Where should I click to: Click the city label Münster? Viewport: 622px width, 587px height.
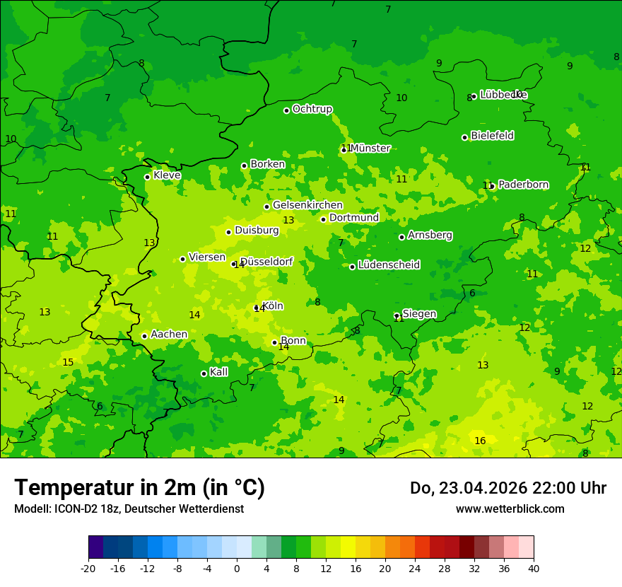370,149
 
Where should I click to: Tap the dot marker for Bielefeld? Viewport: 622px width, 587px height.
464,137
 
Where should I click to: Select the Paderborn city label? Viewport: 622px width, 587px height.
523,185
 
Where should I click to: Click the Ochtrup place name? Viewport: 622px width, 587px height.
312,109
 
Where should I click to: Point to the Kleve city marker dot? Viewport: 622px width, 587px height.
147,177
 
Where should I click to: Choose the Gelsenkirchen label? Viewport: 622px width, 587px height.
307,205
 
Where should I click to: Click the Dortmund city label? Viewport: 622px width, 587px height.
354,218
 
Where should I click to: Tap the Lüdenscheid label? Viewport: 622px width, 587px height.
389,265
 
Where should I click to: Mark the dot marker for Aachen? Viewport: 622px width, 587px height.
144,336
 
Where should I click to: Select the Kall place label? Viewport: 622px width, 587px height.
218,372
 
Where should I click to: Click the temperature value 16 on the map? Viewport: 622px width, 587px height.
480,441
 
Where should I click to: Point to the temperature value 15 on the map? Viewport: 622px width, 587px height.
68,362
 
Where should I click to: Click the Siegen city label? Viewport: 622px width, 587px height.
419,314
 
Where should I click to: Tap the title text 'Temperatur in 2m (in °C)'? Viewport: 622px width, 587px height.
139,487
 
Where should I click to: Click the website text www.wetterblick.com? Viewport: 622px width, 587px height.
510,508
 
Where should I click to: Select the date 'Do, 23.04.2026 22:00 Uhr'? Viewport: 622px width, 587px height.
507,488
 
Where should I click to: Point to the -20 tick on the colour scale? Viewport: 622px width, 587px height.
88,568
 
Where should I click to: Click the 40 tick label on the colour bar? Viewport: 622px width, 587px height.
534,568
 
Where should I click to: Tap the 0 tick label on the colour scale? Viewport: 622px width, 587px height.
237,568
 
